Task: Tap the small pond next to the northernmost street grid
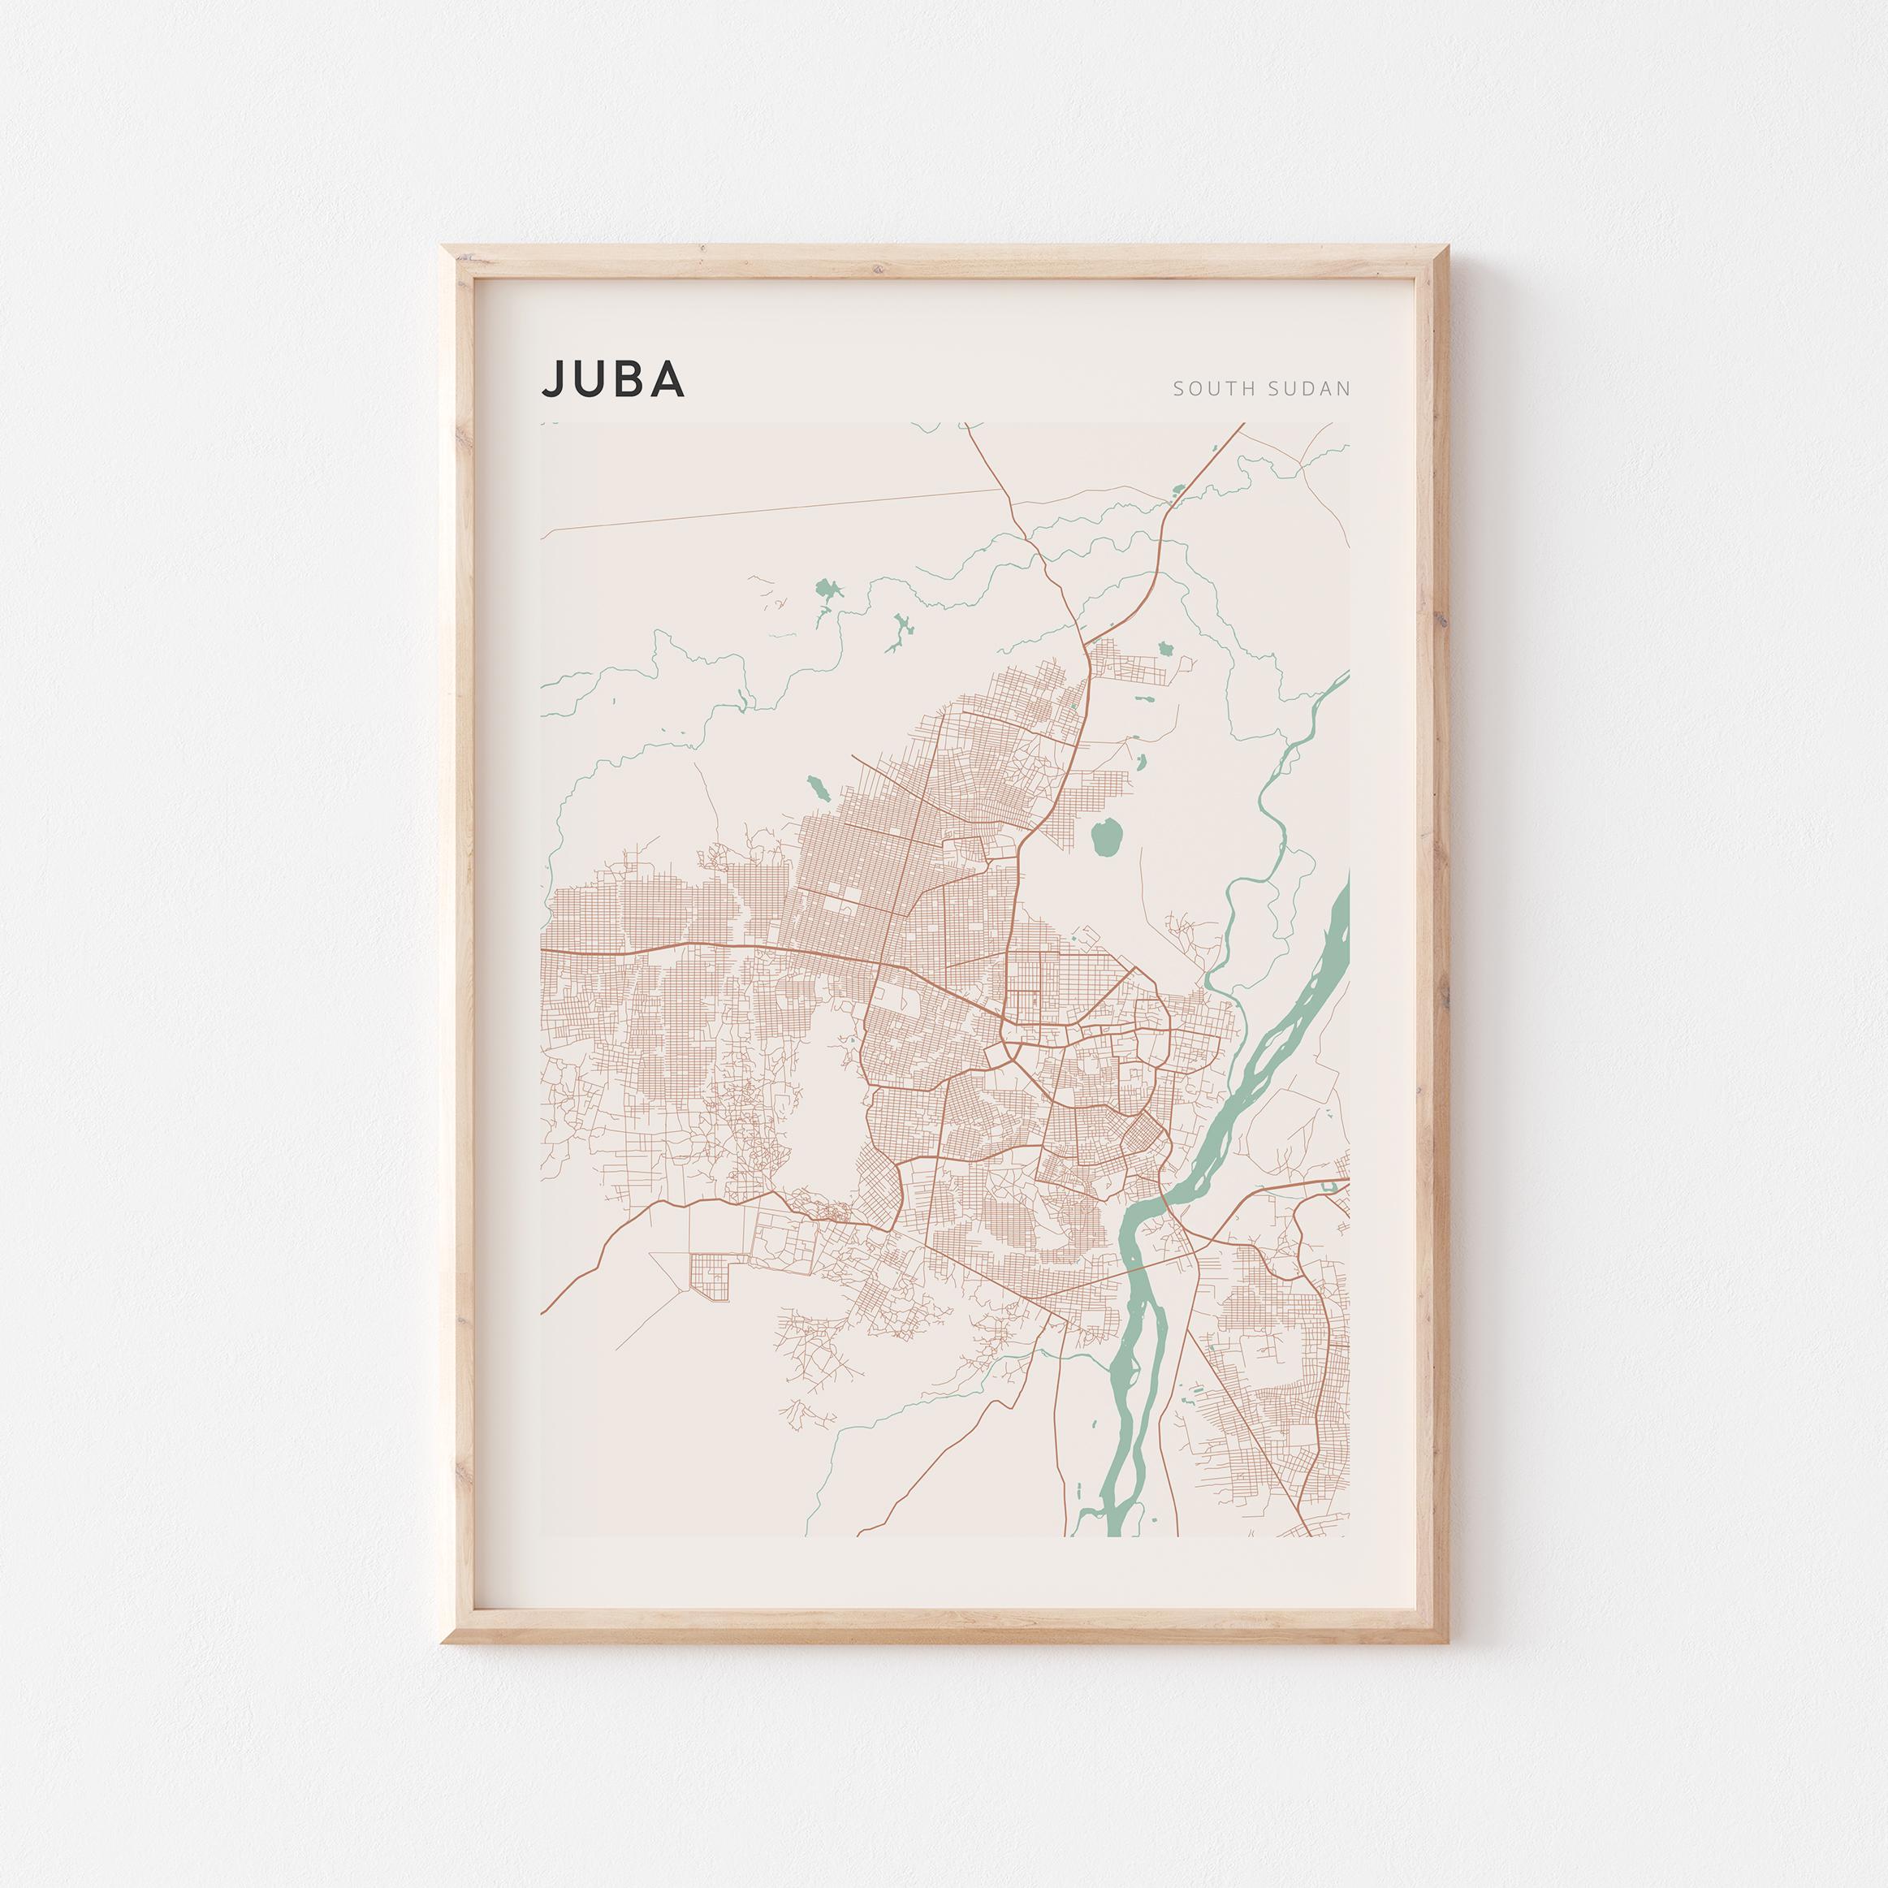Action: [x=1164, y=647]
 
